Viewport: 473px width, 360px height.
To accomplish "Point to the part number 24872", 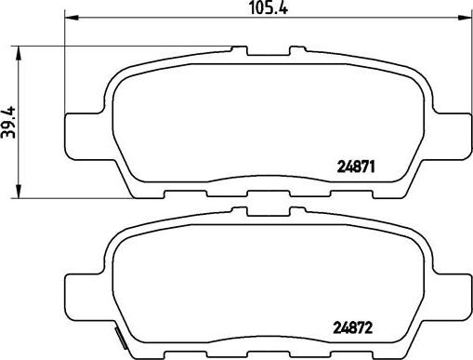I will click(353, 327).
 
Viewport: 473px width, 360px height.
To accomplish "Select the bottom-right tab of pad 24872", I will click(355, 353).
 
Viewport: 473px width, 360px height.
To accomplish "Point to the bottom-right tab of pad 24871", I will click(355, 193).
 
